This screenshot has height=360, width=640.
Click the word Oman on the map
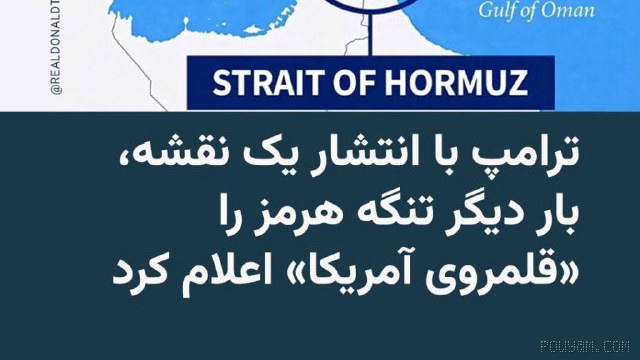[x=567, y=10]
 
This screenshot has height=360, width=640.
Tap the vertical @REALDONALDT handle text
[x=57, y=47]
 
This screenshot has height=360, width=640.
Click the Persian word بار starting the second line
[x=546, y=216]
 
